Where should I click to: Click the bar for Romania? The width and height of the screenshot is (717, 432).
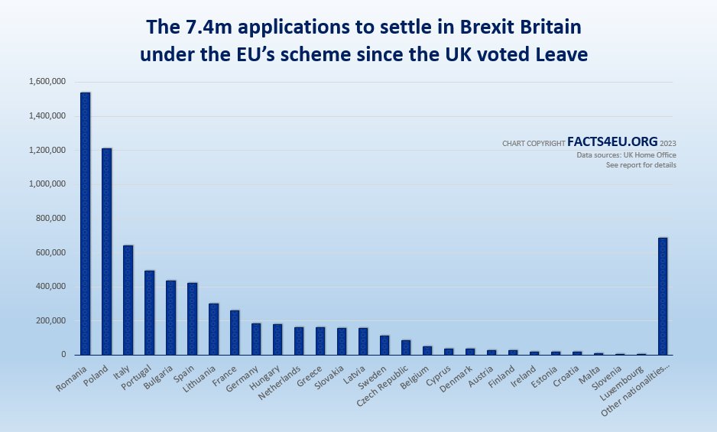(x=86, y=223)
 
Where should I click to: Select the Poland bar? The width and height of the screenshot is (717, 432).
(x=107, y=252)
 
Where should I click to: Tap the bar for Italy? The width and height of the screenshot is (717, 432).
(x=128, y=300)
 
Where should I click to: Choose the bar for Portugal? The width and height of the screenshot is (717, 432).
(x=150, y=313)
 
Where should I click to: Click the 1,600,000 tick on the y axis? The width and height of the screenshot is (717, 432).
(x=47, y=82)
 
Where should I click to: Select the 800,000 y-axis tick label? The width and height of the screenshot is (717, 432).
(x=50, y=219)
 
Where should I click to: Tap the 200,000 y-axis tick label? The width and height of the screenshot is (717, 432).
(x=50, y=321)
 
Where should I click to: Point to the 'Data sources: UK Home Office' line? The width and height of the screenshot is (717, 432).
(x=626, y=155)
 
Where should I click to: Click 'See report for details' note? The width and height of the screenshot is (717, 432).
(x=641, y=165)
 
